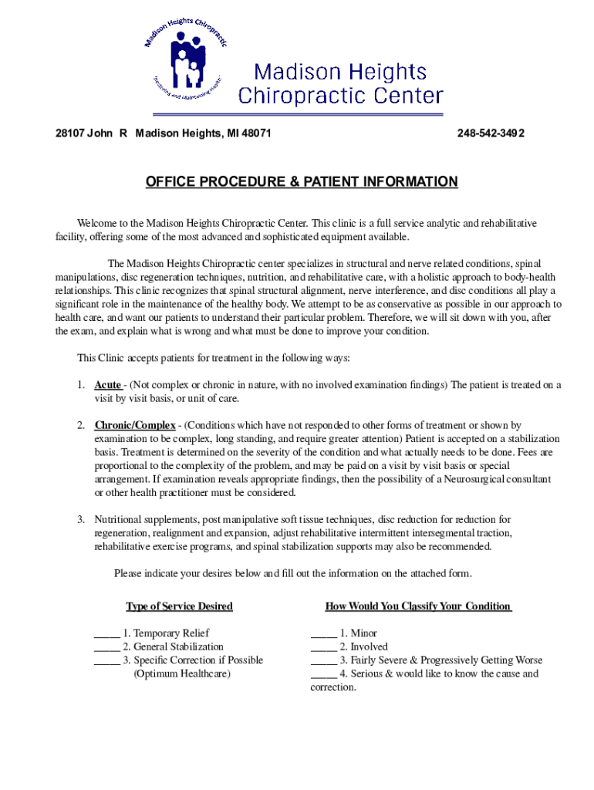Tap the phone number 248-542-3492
point(491,133)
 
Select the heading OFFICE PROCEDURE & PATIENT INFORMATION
point(302,182)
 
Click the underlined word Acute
point(108,385)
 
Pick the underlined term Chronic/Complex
point(135,425)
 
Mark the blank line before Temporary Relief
point(106,633)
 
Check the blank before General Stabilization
point(106,647)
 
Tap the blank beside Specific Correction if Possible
point(106,660)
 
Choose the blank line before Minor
point(323,633)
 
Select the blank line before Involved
point(323,647)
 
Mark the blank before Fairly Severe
point(323,660)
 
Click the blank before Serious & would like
point(323,674)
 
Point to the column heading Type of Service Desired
point(179,606)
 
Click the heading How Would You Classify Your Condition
point(418,606)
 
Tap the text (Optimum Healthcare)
point(182,674)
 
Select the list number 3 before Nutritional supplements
point(80,520)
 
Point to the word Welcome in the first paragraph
point(97,223)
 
